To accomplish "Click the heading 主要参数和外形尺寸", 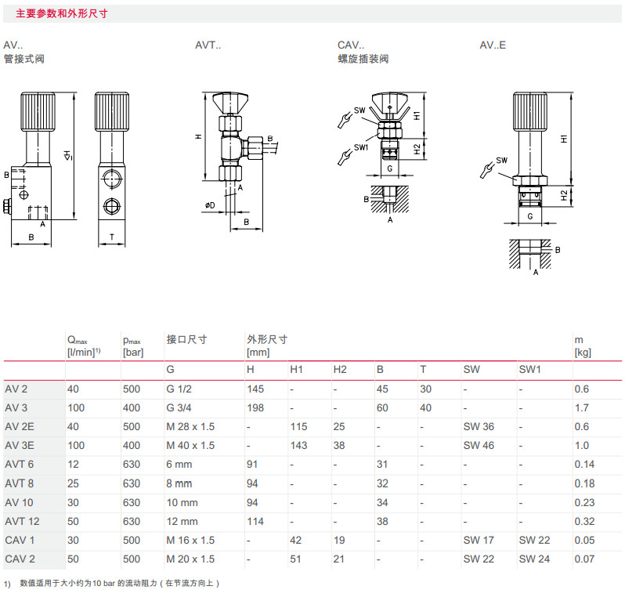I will tap(62, 13).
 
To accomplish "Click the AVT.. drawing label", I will tap(208, 45).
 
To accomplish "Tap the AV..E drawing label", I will tap(493, 45).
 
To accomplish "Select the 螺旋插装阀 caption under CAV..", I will tap(363, 59).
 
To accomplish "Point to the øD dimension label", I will tap(210, 206).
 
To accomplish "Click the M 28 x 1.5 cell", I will tap(190, 426).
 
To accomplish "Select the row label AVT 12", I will tap(21, 521).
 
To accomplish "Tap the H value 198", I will tap(256, 407).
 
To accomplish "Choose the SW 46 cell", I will tap(479, 445).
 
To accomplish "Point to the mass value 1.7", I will tap(582, 407).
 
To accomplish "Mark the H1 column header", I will tap(297, 369).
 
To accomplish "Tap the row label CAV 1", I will tap(20, 540).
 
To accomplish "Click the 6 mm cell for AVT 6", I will tap(179, 464).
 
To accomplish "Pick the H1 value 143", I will tap(299, 445).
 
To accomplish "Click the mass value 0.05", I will tap(584, 540).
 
